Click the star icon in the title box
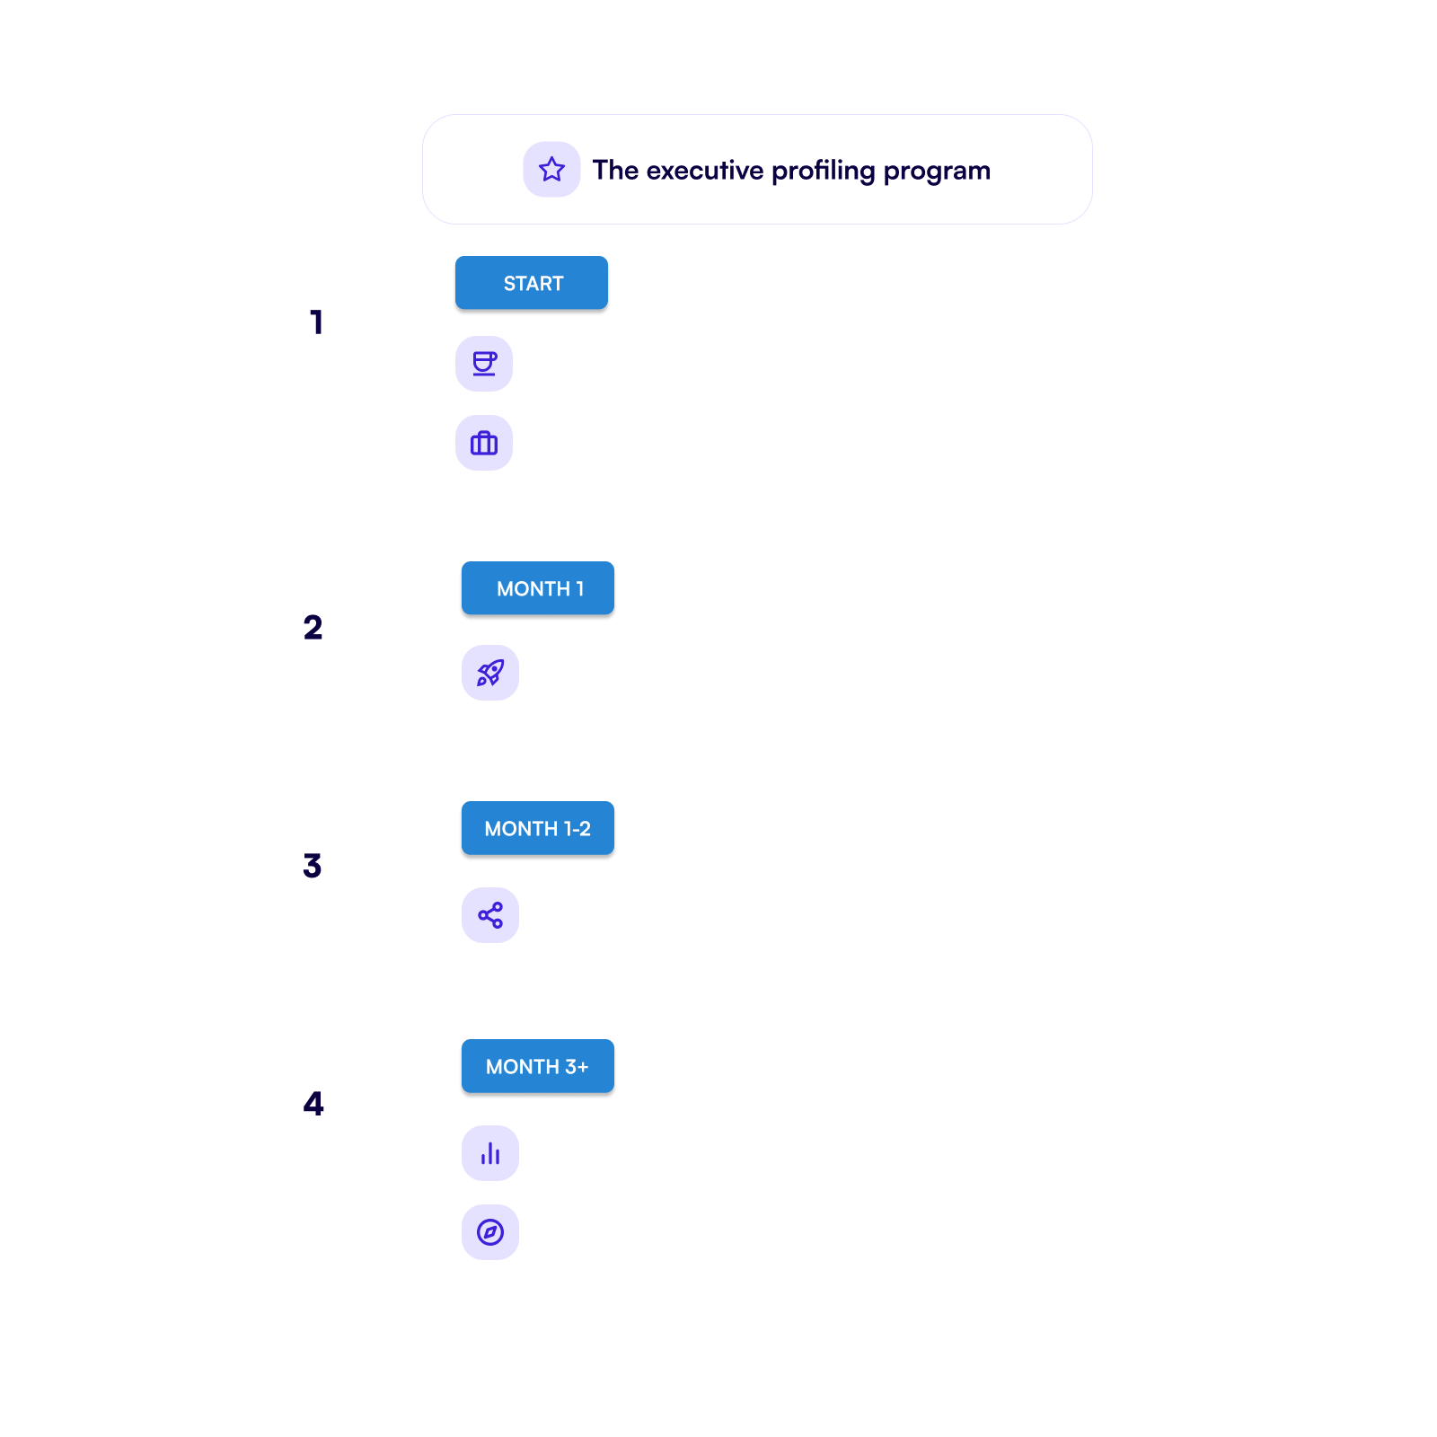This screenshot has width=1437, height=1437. [551, 170]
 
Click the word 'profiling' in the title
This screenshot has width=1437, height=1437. [823, 171]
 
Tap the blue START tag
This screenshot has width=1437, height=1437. [532, 284]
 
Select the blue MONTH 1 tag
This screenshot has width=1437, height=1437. [539, 589]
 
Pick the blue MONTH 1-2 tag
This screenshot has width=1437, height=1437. [538, 829]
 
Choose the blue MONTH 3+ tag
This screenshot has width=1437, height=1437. [537, 1067]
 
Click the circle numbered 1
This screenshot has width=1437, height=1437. [319, 322]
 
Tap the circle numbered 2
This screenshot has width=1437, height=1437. [313, 628]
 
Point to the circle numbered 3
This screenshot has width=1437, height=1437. [313, 866]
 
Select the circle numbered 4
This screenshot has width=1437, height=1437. [313, 1104]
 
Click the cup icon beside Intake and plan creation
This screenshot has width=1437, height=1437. [484, 364]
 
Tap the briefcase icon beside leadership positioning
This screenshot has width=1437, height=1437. [484, 443]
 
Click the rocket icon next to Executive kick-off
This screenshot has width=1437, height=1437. [490, 673]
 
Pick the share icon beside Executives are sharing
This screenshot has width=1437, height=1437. [490, 915]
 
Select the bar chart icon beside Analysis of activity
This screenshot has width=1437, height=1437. [490, 1153]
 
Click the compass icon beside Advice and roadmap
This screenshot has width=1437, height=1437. [490, 1232]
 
